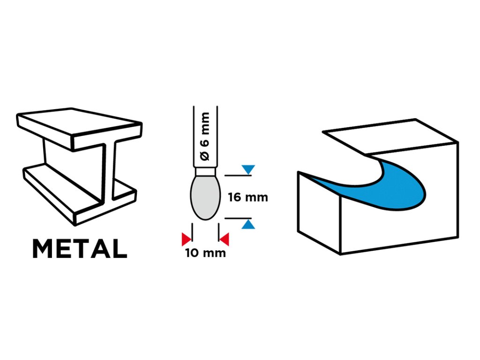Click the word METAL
(79, 249)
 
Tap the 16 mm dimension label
(248, 197)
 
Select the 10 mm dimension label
(205, 254)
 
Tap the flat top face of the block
(389, 136)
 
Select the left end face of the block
(319, 211)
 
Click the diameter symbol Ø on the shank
(205, 155)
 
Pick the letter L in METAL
(120, 249)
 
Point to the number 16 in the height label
(235, 197)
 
